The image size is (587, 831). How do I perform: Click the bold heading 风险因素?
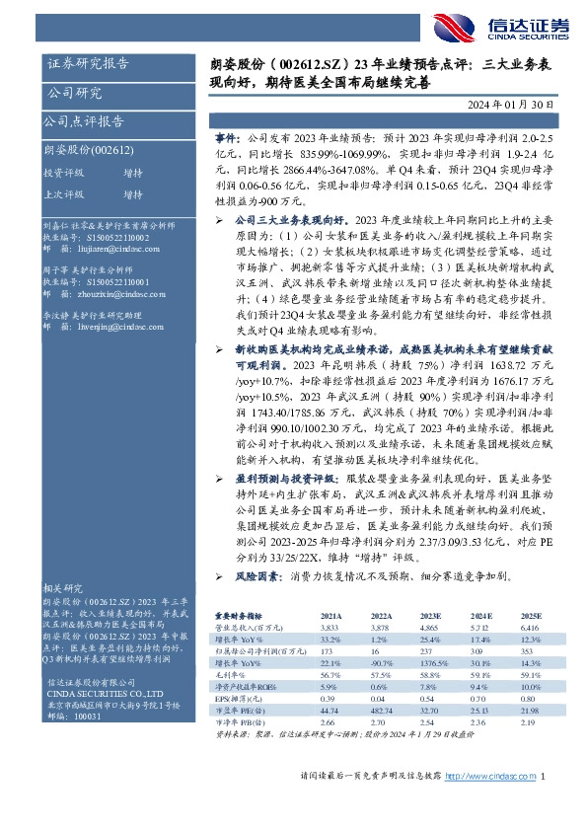(257, 573)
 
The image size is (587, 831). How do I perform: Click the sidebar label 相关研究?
(65, 586)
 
